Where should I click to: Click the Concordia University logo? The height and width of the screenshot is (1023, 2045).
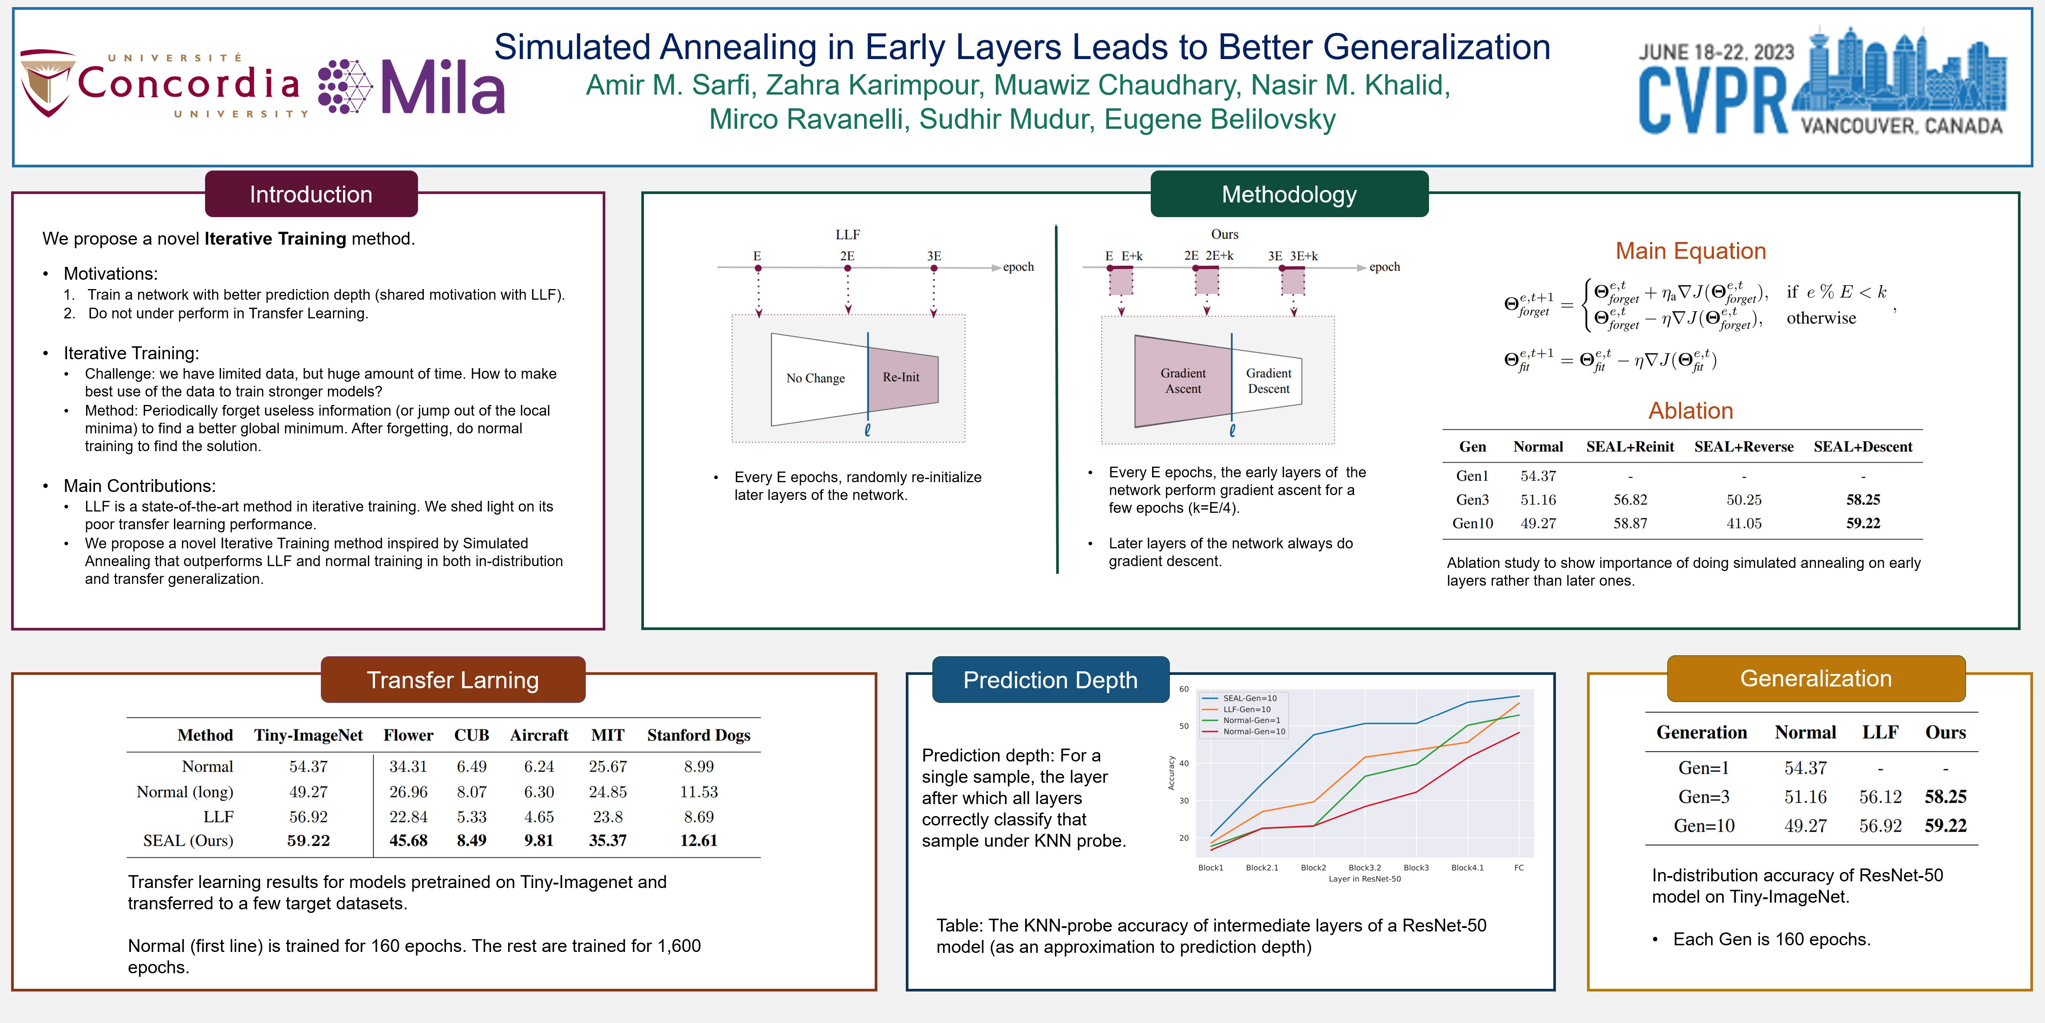tap(163, 85)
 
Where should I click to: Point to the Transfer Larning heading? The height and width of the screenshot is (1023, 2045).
tap(453, 680)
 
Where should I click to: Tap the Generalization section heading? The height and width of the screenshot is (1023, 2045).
tap(1816, 678)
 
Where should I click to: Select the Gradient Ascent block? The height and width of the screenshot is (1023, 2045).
tap(1183, 381)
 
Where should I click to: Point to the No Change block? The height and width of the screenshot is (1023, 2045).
tap(815, 378)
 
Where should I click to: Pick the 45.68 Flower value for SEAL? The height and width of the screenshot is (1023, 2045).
tap(408, 841)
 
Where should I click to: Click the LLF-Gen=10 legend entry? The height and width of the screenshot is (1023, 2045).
tap(1246, 709)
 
